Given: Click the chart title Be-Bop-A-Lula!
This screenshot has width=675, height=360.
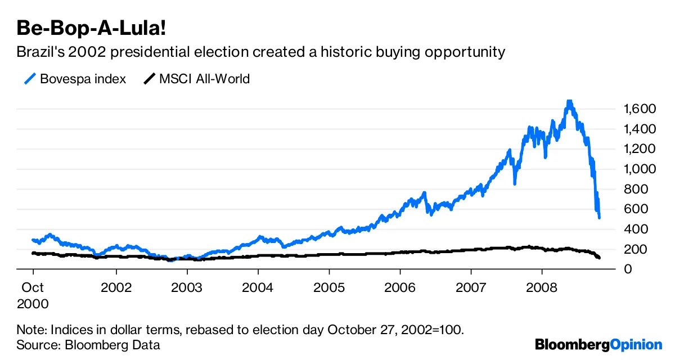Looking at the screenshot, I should pyautogui.click(x=84, y=28).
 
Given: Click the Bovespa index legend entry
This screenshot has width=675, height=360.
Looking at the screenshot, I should pyautogui.click(x=83, y=79).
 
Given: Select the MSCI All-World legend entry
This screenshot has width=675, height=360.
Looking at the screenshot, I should pyautogui.click(x=204, y=79).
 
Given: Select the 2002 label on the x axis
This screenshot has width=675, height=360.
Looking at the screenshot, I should pyautogui.click(x=116, y=287).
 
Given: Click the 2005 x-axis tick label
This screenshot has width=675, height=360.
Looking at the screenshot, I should pyautogui.click(x=329, y=287).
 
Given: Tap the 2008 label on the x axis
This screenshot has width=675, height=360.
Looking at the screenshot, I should pyautogui.click(x=542, y=287).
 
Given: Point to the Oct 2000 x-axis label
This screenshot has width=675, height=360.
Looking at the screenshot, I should pyautogui.click(x=33, y=295).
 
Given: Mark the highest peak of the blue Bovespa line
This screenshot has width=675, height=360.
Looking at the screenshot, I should pyautogui.click(x=569, y=102).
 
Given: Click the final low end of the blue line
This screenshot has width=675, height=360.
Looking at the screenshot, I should pyautogui.click(x=599, y=217).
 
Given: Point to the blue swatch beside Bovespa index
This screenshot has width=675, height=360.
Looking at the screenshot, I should pyautogui.click(x=30, y=79).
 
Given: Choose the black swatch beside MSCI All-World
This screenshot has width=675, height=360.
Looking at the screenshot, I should pyautogui.click(x=149, y=79).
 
